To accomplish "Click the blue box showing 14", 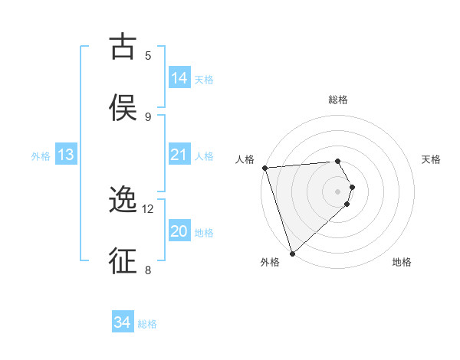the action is (x=179, y=78).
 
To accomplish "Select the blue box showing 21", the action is (x=179, y=155).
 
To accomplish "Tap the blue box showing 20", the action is (x=179, y=231).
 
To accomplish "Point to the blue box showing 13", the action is (x=66, y=155).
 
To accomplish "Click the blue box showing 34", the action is (x=123, y=323).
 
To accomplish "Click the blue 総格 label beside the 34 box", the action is (x=147, y=324).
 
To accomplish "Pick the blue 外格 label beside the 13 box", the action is (x=41, y=156).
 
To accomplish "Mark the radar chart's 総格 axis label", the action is (x=338, y=100).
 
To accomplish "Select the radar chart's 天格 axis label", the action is (x=432, y=159).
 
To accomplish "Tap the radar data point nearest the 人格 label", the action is (x=264, y=168).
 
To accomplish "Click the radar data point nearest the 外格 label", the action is (x=292, y=253).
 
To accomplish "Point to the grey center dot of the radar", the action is (x=338, y=191).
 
